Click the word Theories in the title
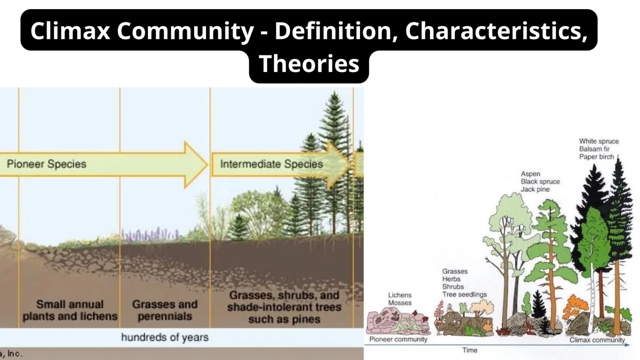(x=309, y=64)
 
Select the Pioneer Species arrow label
(x=47, y=164)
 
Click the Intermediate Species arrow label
(x=271, y=164)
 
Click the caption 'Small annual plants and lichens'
(x=70, y=310)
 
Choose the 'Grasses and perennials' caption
(x=165, y=310)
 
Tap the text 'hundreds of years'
(x=165, y=337)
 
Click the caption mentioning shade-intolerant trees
(x=284, y=307)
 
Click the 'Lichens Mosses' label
(x=400, y=299)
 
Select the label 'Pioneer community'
(x=398, y=339)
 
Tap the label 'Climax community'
(x=597, y=340)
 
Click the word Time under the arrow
(x=470, y=350)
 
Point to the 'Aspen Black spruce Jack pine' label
(x=540, y=181)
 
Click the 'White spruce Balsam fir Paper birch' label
(x=599, y=149)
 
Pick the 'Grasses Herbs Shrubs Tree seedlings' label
(x=464, y=283)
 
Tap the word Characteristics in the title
(x=496, y=31)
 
